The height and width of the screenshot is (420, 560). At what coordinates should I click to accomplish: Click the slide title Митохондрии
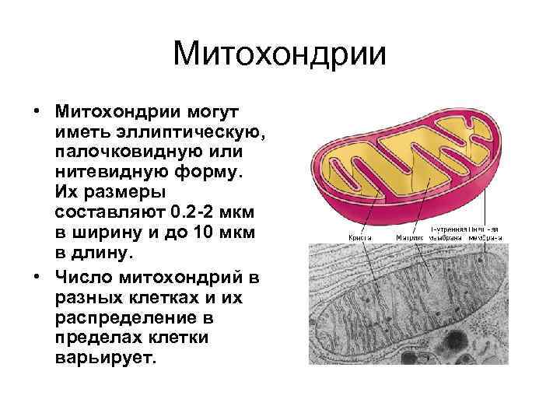tap(280, 54)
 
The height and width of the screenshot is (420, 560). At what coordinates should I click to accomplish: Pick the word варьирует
tap(106, 358)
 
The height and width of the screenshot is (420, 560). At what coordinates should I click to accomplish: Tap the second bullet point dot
tap(37, 277)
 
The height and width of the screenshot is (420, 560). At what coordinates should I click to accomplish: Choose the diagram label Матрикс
tap(410, 237)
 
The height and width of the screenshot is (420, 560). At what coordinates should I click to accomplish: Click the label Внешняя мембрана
tap(485, 233)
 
